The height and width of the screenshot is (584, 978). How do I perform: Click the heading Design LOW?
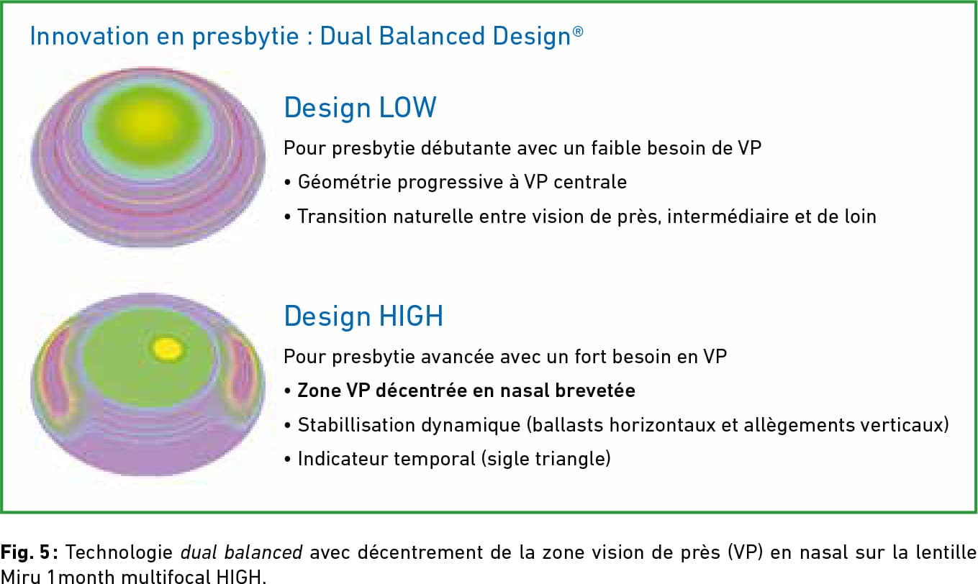pyautogui.click(x=360, y=107)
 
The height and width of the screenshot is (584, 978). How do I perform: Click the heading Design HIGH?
pyautogui.click(x=363, y=316)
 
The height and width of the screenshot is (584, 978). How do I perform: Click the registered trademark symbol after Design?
pyautogui.click(x=578, y=32)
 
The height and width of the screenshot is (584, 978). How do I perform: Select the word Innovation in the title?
pyautogui.click(x=89, y=36)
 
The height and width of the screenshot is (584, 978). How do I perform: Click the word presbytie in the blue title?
pyautogui.click(x=245, y=37)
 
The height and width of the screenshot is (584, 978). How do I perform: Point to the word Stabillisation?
pyautogui.click(x=353, y=424)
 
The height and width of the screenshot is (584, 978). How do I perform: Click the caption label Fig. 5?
pyautogui.click(x=25, y=552)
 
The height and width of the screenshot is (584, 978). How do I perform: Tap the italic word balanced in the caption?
pyautogui.click(x=263, y=552)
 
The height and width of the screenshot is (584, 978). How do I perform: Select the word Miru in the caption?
pyautogui.click(x=21, y=577)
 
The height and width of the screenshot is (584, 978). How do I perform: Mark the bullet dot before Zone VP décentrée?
pyautogui.click(x=287, y=391)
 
